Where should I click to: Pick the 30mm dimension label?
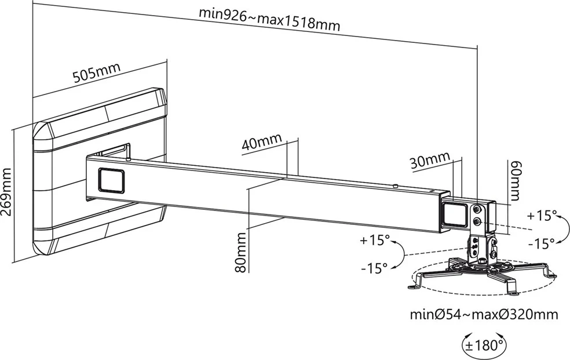[430, 161]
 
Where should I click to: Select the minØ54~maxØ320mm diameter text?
[484, 315]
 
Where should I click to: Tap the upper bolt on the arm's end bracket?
[477, 209]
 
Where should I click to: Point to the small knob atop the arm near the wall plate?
[127, 152]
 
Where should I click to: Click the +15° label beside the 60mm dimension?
[542, 216]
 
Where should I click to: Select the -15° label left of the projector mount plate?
[374, 268]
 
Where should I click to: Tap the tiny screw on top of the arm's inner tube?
[394, 186]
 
